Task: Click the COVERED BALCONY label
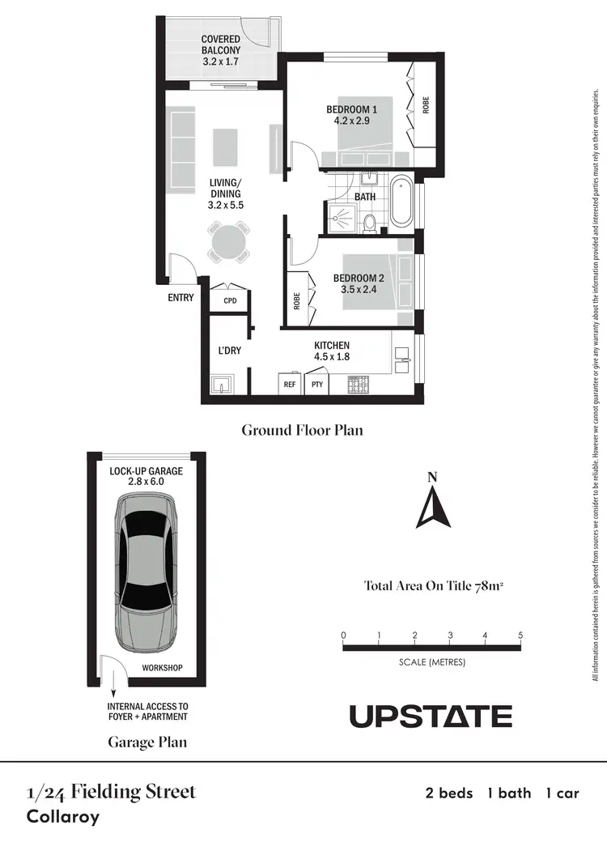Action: [221, 49]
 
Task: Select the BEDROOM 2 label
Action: [359, 285]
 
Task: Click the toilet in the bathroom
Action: [370, 222]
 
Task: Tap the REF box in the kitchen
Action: [289, 385]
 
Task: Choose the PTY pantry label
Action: [316, 385]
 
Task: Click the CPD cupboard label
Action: [229, 301]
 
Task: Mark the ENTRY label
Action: [180, 298]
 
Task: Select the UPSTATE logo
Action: [431, 717]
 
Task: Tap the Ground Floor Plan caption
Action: [302, 430]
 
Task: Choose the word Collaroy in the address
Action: [63, 816]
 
